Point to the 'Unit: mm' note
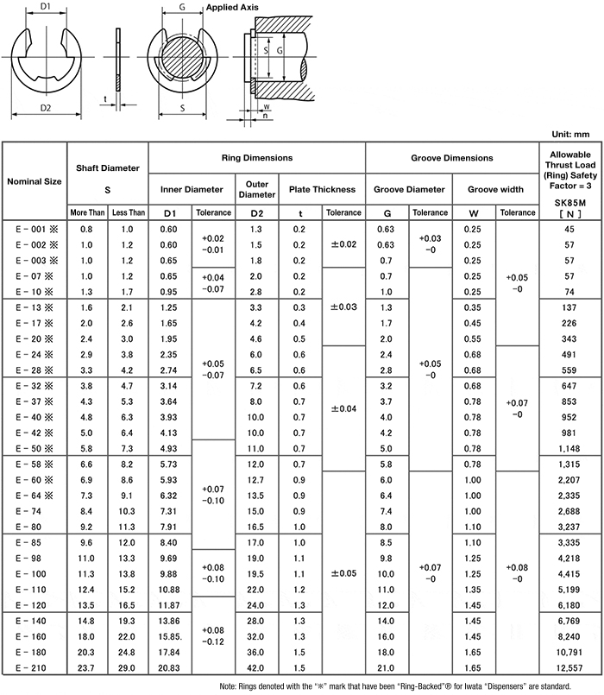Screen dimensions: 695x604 click(569, 134)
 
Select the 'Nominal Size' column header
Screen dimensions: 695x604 click(35, 181)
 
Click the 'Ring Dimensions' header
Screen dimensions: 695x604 click(257, 158)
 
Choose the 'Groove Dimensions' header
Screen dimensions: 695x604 click(451, 158)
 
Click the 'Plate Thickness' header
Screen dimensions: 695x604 click(322, 189)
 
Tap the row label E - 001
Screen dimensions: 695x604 click(35, 229)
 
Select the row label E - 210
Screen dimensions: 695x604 click(35, 669)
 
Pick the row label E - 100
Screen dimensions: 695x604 click(35, 574)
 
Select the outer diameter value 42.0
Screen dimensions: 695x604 click(256, 669)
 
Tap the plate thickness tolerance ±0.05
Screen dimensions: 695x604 click(343, 574)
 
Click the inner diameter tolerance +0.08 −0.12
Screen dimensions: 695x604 click(212, 635)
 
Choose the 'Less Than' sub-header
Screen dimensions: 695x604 click(128, 212)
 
